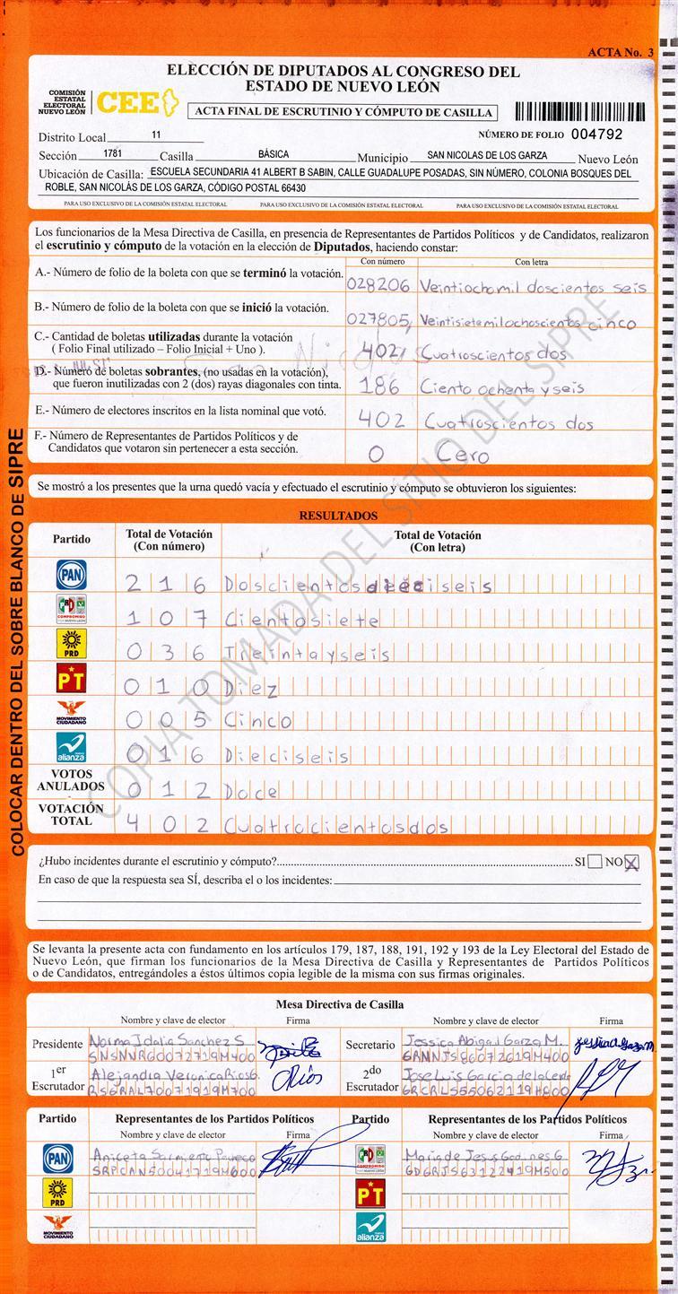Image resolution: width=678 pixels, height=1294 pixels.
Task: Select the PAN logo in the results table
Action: tap(71, 573)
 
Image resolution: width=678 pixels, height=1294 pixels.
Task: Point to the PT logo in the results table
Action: tap(71, 680)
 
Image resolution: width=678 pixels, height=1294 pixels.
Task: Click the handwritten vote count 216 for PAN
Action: tap(168, 585)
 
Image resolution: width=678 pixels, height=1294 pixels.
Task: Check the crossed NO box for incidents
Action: tap(632, 863)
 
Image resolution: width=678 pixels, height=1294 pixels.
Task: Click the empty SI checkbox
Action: tap(595, 863)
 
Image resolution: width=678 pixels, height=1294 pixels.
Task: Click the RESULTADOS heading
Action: tap(338, 516)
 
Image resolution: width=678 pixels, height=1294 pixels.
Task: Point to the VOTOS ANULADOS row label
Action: tap(71, 779)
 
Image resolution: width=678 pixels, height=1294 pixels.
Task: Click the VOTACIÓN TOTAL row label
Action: tap(71, 814)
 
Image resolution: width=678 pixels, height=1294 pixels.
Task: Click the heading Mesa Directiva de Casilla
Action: tap(339, 1005)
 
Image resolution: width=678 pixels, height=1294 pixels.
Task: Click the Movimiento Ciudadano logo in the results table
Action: tap(71, 714)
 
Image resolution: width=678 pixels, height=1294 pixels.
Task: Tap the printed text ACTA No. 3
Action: tap(620, 53)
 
